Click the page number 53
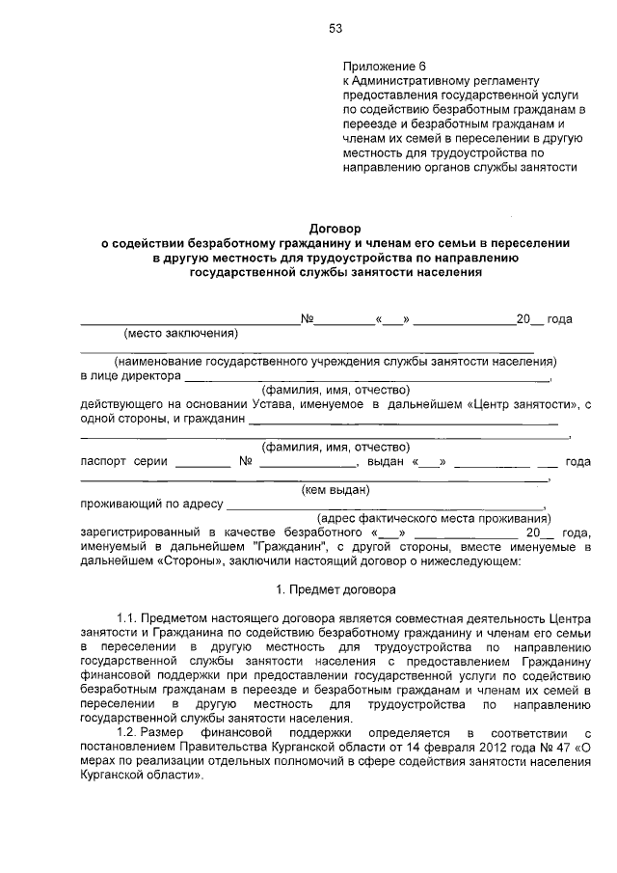(335, 28)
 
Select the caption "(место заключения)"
(180, 334)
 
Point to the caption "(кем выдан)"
(335, 489)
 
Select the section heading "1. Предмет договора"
(335, 588)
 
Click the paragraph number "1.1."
(128, 616)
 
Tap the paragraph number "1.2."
(128, 733)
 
